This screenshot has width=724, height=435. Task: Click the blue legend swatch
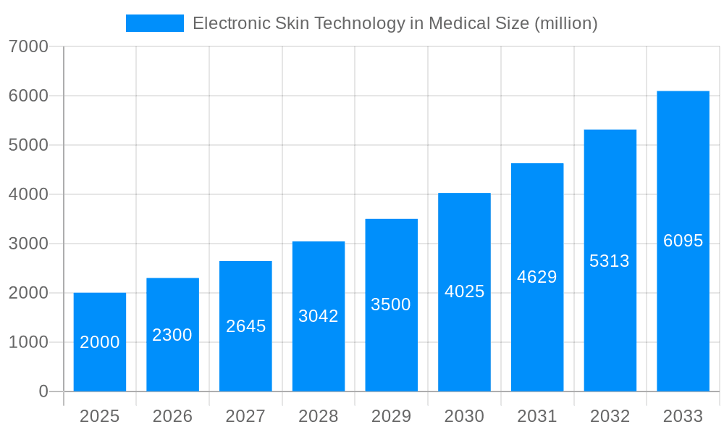coord(154,23)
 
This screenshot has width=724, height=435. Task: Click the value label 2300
coord(172,335)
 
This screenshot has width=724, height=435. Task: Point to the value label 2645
coord(245,326)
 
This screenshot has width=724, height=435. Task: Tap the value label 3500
coord(391,304)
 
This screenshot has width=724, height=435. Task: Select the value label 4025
coord(464,291)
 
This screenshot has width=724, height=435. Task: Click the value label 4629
coord(537,277)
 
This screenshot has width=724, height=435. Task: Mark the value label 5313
coord(610,261)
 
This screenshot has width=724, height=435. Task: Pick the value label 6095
coord(683,241)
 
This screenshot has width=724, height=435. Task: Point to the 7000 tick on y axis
coord(28,46)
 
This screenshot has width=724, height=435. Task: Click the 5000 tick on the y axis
coord(28,145)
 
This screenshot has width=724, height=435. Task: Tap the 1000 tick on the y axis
coord(28,342)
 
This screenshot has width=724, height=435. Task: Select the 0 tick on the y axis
coord(43,391)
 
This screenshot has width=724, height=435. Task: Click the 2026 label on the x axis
coord(172,416)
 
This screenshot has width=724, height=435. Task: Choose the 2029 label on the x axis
coord(391,416)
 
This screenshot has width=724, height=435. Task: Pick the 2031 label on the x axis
coord(537,416)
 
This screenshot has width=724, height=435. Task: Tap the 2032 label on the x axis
coord(610,416)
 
